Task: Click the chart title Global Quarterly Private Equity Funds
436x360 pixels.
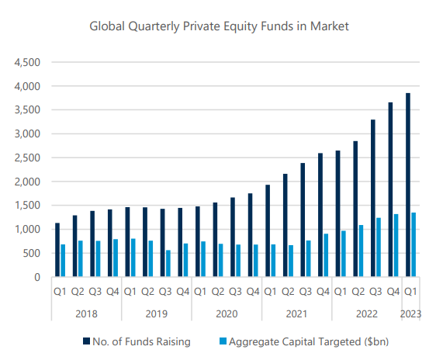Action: click(x=220, y=26)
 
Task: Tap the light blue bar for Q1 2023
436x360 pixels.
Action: click(x=414, y=244)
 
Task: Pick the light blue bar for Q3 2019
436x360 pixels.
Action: click(x=168, y=263)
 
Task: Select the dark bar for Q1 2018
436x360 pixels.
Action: click(x=57, y=250)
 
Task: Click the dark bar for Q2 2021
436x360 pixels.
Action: click(x=285, y=225)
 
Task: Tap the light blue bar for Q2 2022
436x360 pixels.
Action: click(x=361, y=251)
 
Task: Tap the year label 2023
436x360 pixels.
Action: click(x=410, y=313)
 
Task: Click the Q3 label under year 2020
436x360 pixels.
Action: click(x=235, y=292)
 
